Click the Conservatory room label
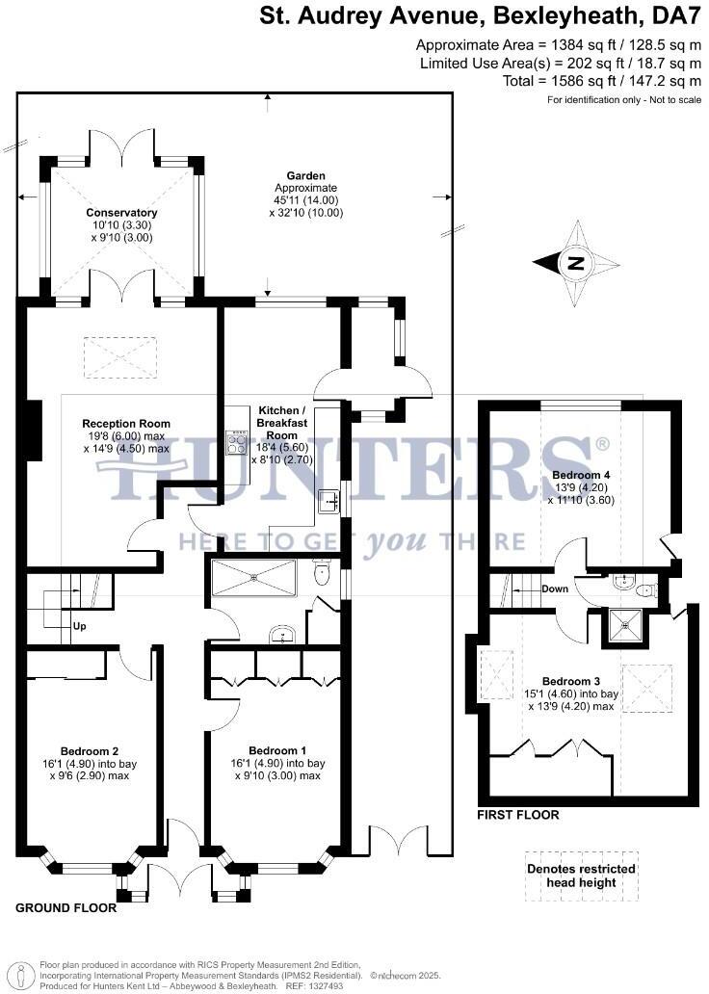(121, 213)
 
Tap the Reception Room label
(126, 424)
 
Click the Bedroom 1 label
(277, 751)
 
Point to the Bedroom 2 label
(90, 751)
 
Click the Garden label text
(306, 175)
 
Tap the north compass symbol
(576, 262)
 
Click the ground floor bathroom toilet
(324, 574)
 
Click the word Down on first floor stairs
(555, 589)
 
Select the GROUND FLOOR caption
(66, 908)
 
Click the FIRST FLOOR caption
(518, 815)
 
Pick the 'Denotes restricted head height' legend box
(581, 875)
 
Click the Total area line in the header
(602, 81)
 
